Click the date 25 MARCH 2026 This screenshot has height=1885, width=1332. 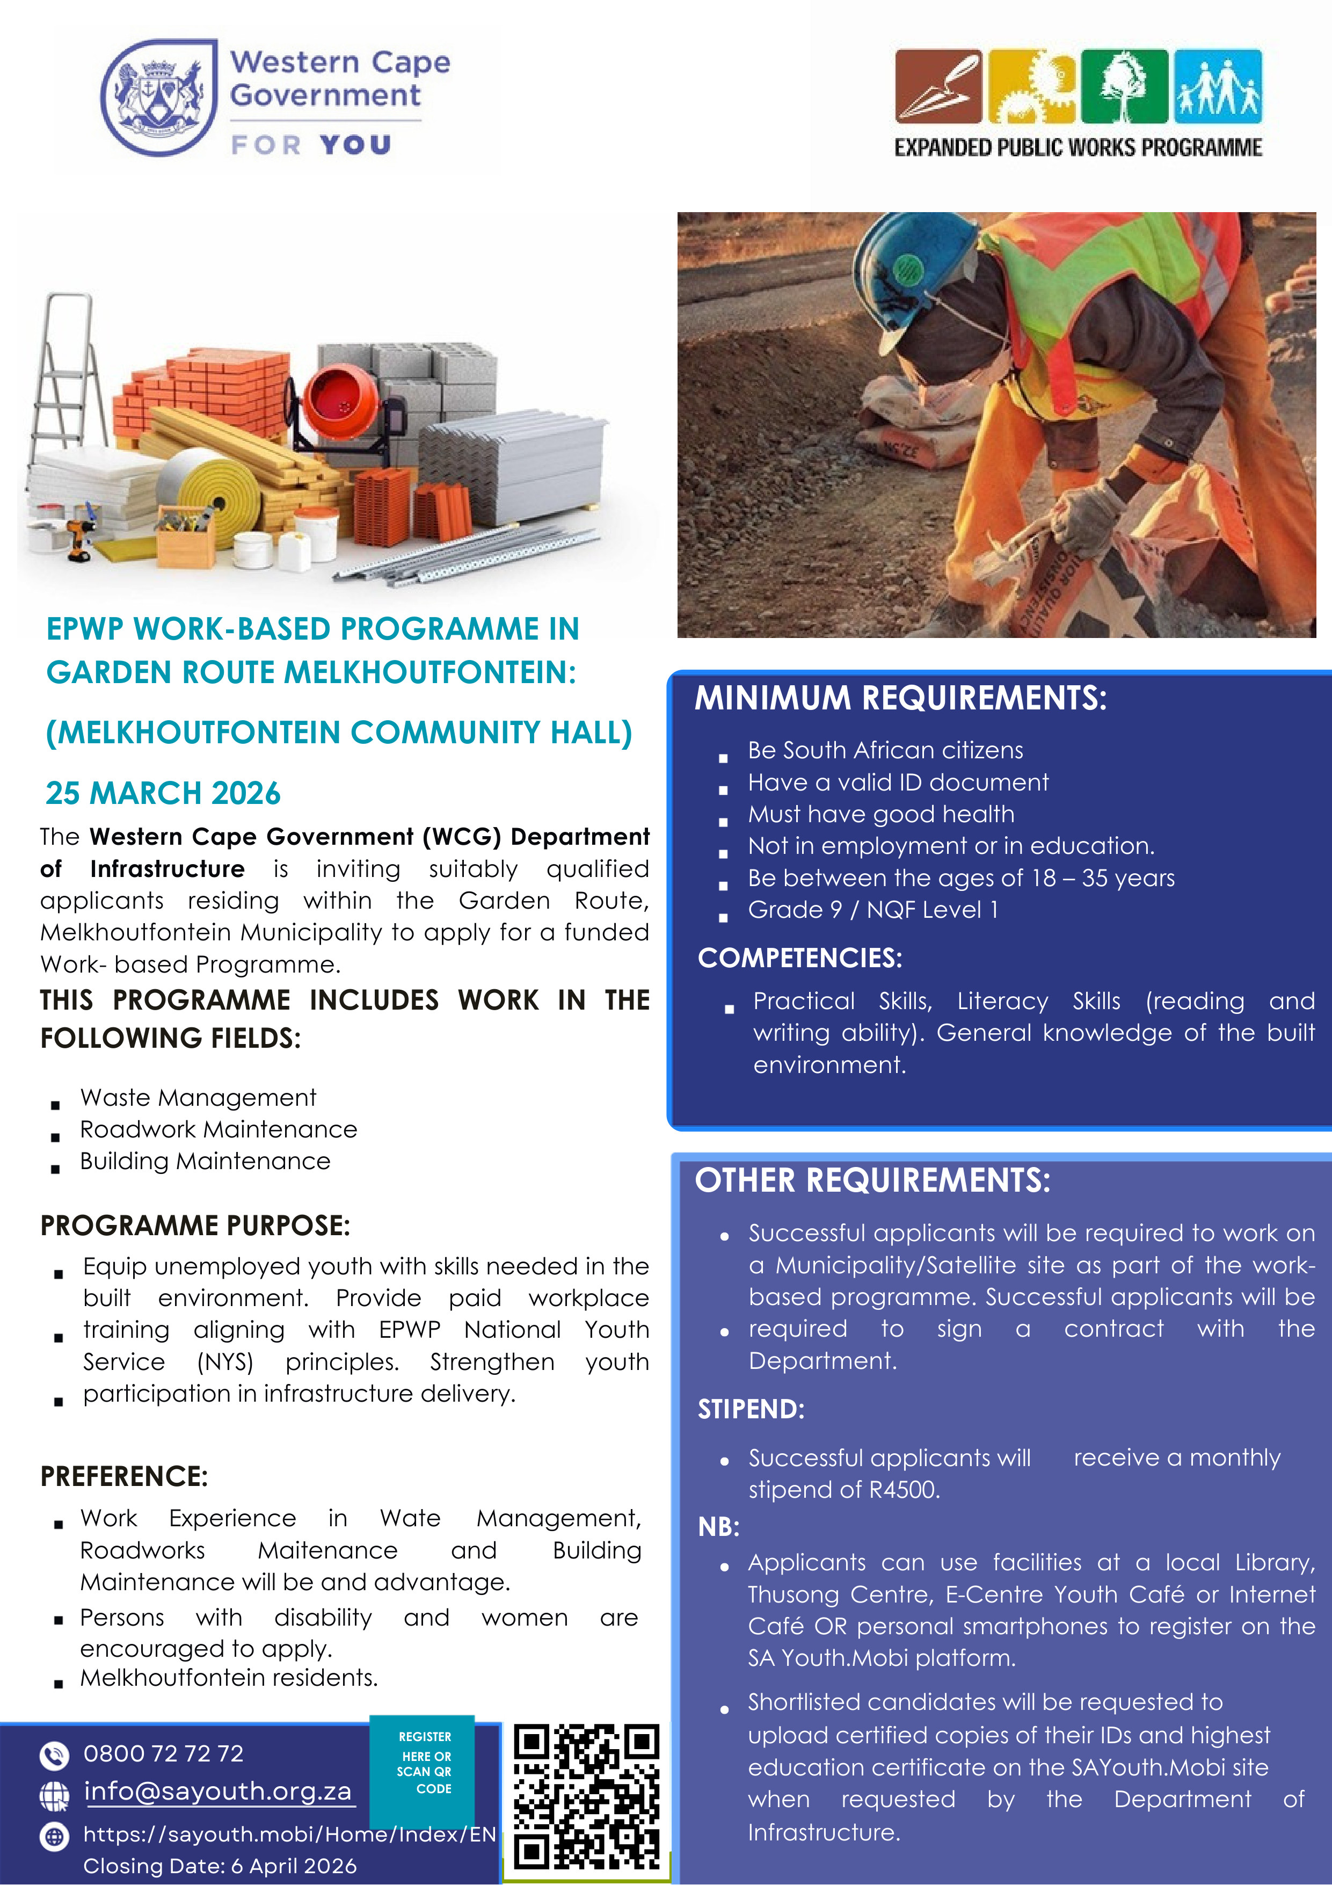[x=163, y=793]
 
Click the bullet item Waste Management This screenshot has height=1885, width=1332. [x=198, y=1098]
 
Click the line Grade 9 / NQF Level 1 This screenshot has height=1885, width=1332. [x=872, y=910]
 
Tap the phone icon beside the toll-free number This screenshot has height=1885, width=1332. [x=54, y=1755]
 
